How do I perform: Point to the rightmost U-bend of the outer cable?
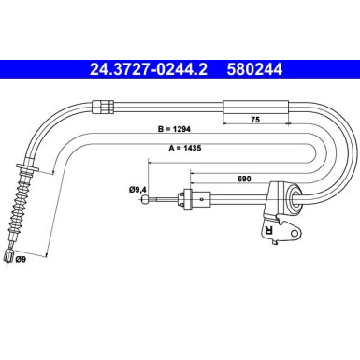tap(351, 150)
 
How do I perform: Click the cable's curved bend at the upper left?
tap(39, 116)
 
